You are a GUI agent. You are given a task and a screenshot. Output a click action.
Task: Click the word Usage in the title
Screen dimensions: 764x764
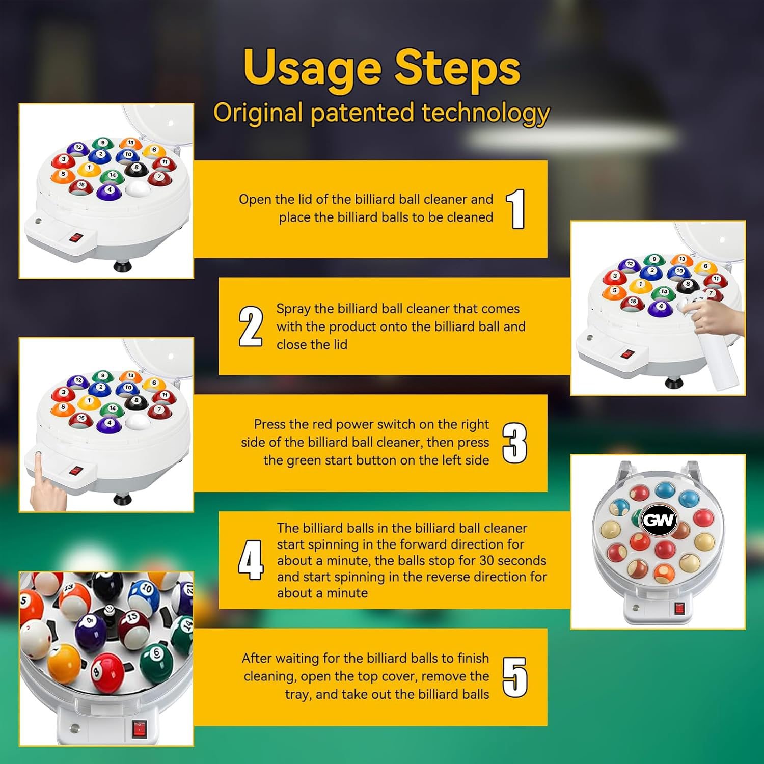pyautogui.click(x=312, y=68)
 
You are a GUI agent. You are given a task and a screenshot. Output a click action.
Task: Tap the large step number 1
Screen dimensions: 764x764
pyautogui.click(x=515, y=209)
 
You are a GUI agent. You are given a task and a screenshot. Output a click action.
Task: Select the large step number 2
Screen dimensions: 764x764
pyautogui.click(x=251, y=326)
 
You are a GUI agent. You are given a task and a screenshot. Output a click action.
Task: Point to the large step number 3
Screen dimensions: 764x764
pyautogui.click(x=514, y=443)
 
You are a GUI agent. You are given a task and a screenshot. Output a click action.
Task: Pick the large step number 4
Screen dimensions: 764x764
pyautogui.click(x=251, y=560)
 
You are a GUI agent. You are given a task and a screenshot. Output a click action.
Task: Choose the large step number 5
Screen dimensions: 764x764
pyautogui.click(x=514, y=677)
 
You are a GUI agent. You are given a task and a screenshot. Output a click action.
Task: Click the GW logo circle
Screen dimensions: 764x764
pyautogui.click(x=658, y=520)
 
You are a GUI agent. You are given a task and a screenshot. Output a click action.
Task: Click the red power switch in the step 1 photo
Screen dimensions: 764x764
pyautogui.click(x=76, y=237)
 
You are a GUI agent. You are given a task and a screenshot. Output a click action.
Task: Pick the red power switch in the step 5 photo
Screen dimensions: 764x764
pyautogui.click(x=139, y=729)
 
